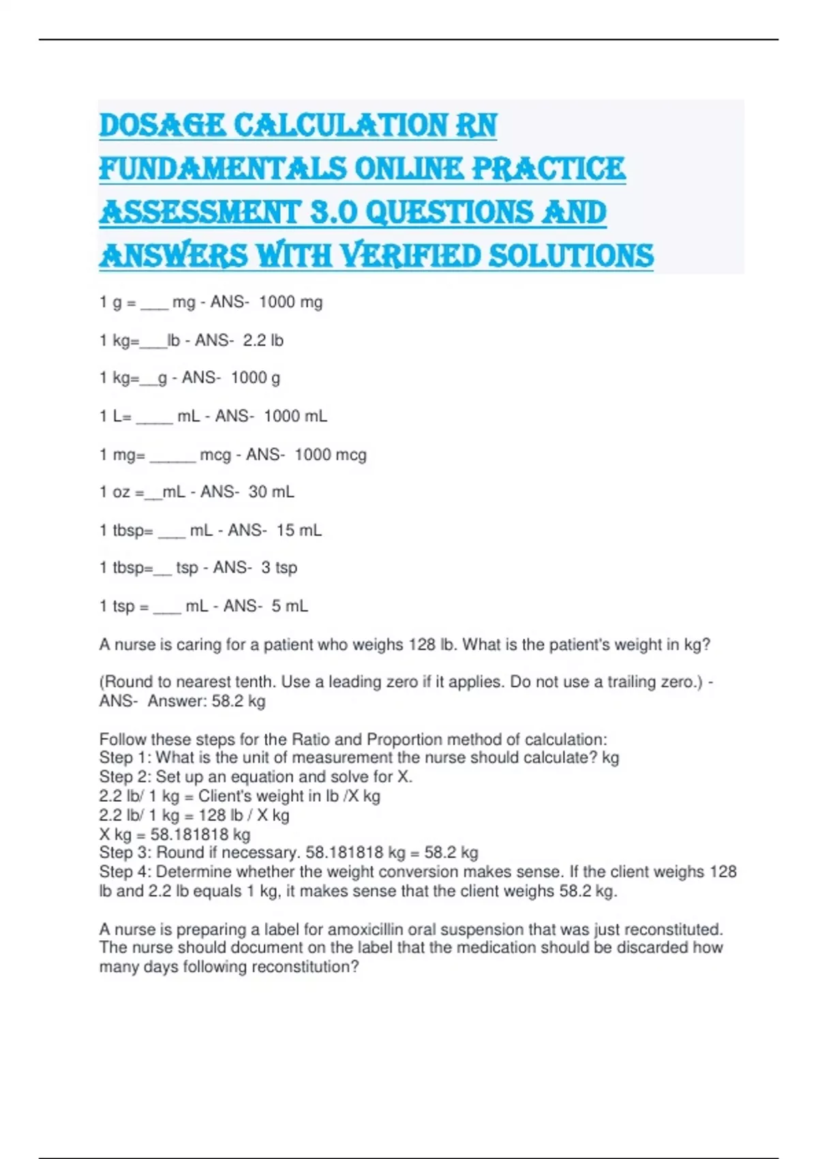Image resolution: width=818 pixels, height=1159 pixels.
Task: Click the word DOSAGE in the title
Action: pos(162,125)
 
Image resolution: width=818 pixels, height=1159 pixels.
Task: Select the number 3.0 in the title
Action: pos(334,212)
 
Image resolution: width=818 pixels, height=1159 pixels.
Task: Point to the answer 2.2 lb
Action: pos(263,340)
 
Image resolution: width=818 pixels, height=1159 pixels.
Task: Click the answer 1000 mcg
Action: pos(331,455)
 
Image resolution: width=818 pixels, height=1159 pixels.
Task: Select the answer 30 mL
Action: pos(271,492)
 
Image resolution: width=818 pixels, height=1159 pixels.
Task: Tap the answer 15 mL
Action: pos(299,530)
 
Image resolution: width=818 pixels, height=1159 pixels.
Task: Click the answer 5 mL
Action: pos(290,605)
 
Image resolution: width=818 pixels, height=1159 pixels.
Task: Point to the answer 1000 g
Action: pos(256,378)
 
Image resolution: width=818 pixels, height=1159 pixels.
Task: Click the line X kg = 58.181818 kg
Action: pos(175,834)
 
